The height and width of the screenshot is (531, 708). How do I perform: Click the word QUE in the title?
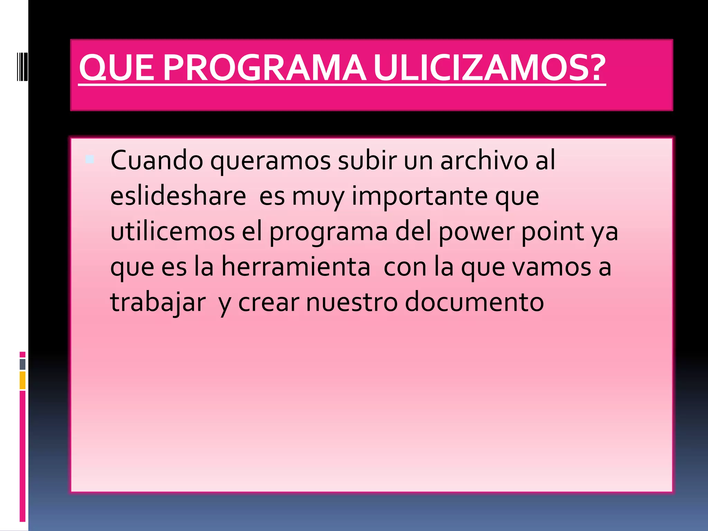tap(116, 68)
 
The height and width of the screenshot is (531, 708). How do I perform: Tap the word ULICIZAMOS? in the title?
tap(490, 68)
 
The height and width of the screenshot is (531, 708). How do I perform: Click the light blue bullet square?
tap(90, 159)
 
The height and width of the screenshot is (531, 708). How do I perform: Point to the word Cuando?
tap(157, 160)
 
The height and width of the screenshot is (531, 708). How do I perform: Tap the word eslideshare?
tap(178, 196)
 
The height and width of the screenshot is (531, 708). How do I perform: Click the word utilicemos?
tap(173, 231)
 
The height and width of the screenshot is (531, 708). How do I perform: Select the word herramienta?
tap(296, 267)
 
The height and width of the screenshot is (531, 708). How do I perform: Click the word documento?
tap(474, 302)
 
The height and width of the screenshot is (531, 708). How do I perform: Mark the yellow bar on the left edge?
tap(22, 380)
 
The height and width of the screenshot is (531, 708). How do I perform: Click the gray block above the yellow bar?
tap(22, 364)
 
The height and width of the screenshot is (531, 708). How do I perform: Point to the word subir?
tap(367, 160)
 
